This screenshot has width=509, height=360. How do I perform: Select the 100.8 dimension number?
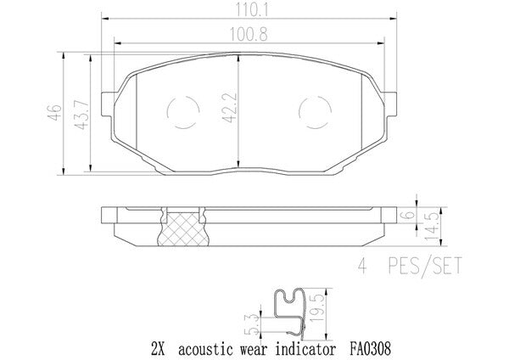click(x=249, y=35)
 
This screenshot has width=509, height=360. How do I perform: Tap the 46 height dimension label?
click(x=54, y=113)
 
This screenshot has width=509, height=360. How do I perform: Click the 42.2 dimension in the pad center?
click(x=230, y=108)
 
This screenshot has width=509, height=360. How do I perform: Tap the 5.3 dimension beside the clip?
click(x=255, y=324)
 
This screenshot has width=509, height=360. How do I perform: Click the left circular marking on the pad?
click(x=167, y=112)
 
